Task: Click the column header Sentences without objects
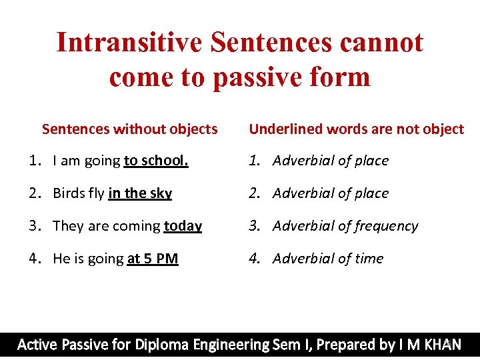tap(129, 129)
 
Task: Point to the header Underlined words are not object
tap(356, 129)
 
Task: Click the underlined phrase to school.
tap(156, 161)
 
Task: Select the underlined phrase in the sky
tap(140, 193)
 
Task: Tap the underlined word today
tap(183, 226)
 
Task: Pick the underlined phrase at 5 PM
tap(153, 259)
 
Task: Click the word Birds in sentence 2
tap(69, 193)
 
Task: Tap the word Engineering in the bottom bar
tap(231, 345)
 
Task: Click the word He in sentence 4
tap(61, 259)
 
